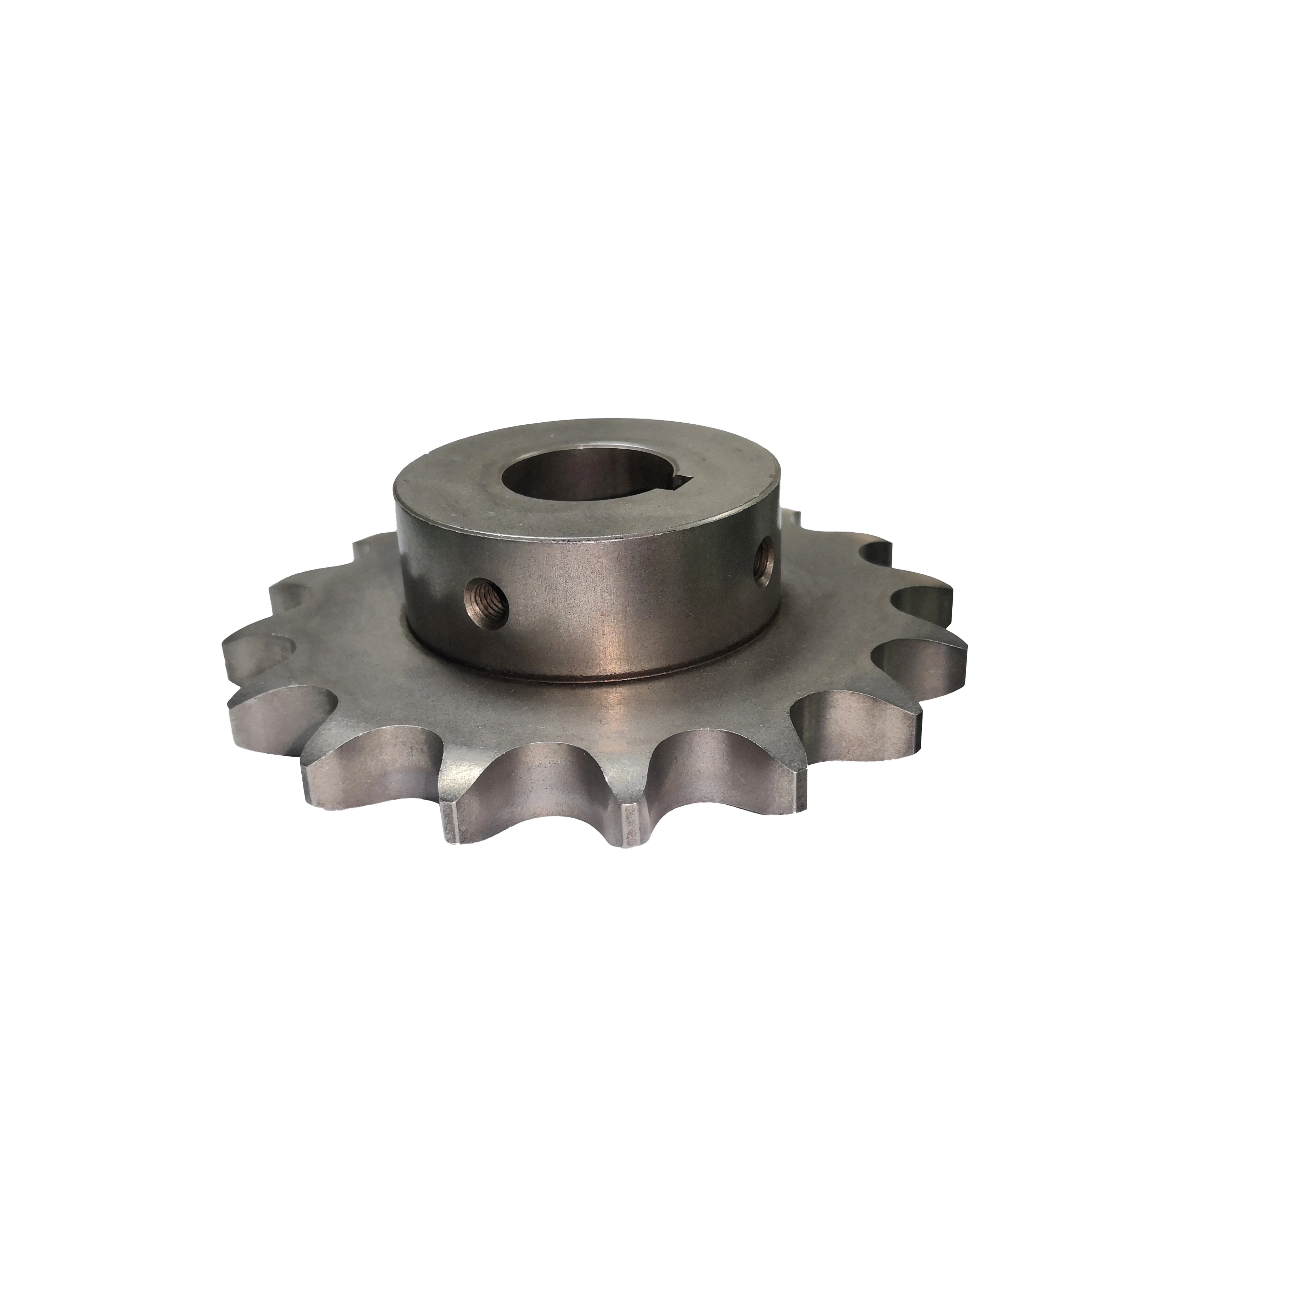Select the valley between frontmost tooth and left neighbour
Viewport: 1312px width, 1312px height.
543,767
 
